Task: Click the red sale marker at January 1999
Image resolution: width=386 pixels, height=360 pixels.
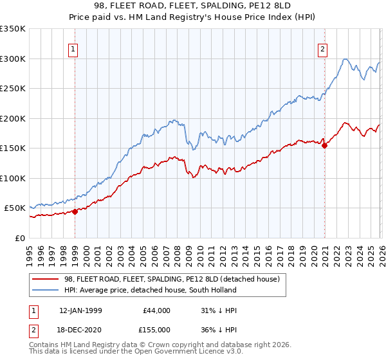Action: point(75,211)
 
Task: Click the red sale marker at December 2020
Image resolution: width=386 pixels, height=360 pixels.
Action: point(324,145)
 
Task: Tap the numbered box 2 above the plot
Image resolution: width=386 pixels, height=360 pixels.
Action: point(322,49)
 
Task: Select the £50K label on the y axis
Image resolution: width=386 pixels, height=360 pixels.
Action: point(15,208)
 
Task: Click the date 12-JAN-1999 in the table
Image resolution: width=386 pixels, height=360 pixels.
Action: point(80,310)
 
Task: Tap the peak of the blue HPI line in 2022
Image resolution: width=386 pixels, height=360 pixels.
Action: point(345,59)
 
